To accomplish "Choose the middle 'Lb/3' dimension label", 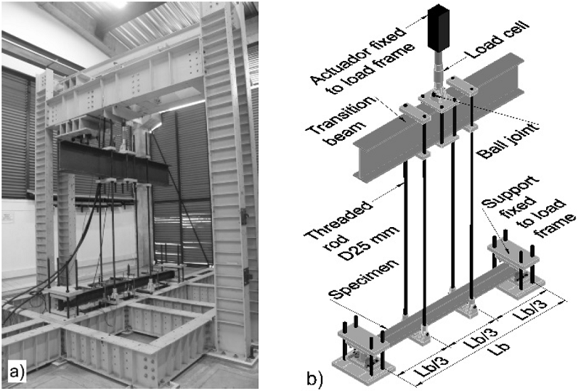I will [480, 335].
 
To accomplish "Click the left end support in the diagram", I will [360, 351].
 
